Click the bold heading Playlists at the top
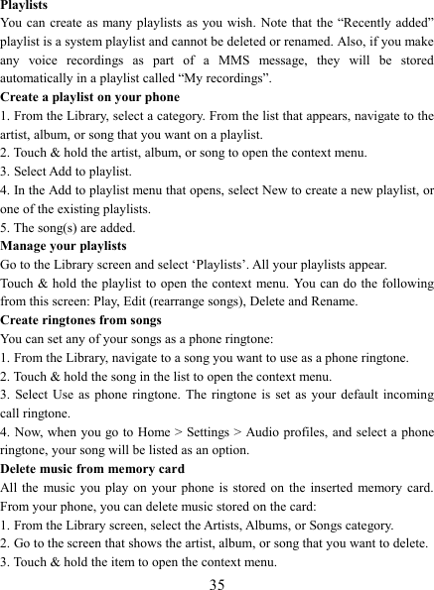point(27,6)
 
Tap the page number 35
point(217,580)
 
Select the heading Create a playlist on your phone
point(90,97)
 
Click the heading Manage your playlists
point(64,244)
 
